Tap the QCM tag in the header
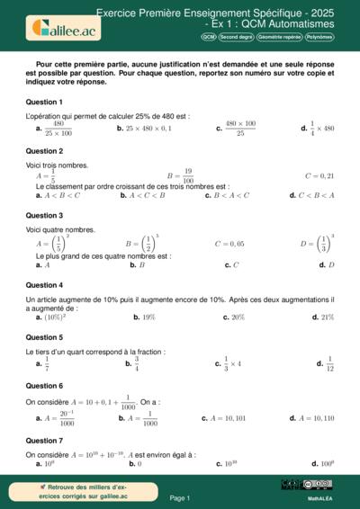coord(208,37)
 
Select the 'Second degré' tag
coord(236,37)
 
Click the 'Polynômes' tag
coord(319,37)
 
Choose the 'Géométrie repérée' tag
coord(279,37)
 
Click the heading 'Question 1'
coord(44,102)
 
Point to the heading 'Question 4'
coord(44,285)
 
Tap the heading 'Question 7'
coord(44,441)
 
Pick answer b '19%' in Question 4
coord(144,317)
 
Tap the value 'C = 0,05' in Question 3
coord(229,244)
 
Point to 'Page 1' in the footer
coord(180,497)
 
